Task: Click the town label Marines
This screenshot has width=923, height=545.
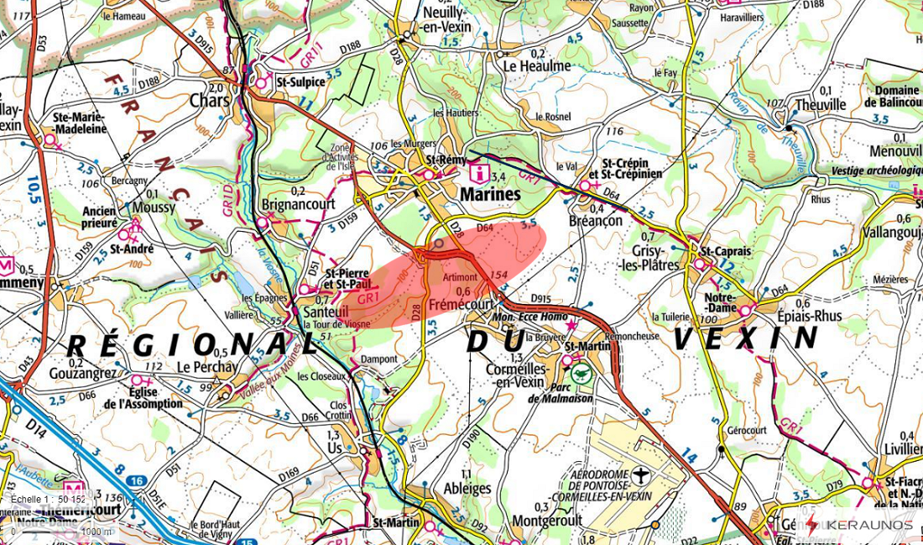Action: (490, 194)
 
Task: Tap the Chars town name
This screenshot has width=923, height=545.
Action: (209, 100)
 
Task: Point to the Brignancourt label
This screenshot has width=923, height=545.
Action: (298, 204)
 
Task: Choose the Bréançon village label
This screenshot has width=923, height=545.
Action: (595, 220)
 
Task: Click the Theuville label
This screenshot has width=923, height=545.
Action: (820, 105)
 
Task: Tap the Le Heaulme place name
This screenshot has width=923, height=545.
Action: (537, 66)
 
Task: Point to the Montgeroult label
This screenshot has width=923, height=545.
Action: (547, 521)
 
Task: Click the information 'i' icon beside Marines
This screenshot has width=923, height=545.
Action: (479, 174)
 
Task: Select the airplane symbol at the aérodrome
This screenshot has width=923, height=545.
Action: (642, 476)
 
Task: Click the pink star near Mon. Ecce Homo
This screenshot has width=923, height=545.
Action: (572, 324)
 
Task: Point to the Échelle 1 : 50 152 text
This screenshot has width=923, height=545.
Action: (49, 499)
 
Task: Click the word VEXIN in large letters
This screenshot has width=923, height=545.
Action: (744, 338)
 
